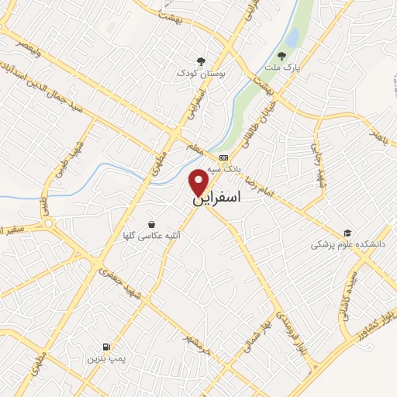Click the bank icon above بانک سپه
(x=223, y=157)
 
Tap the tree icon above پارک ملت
(x=281, y=56)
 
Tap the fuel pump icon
(x=105, y=346)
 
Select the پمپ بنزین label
(x=105, y=359)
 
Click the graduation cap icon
(x=348, y=232)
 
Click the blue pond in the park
(x=292, y=36)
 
